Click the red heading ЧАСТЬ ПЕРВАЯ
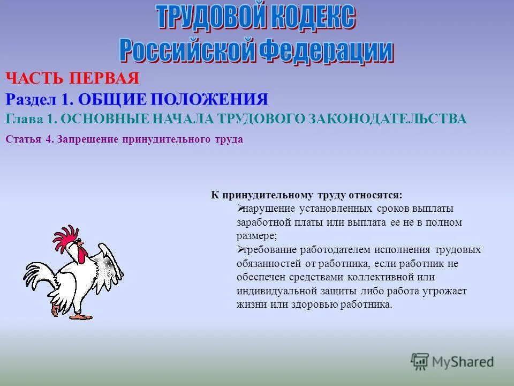[73, 79]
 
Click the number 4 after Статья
[48, 139]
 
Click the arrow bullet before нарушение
[240, 208]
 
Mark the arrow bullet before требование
[240, 250]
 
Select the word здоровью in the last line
[319, 305]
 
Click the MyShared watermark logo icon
[420, 362]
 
